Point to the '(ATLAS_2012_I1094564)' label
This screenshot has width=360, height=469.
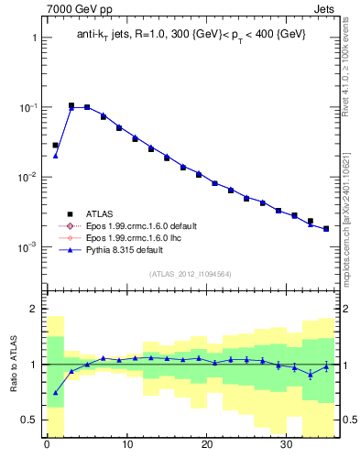coord(191,273)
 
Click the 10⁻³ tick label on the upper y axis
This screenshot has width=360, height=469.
coord(27,246)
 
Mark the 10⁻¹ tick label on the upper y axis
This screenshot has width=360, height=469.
coord(27,107)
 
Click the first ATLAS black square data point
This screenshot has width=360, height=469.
coord(55,145)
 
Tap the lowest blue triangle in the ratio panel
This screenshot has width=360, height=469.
coord(55,392)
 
